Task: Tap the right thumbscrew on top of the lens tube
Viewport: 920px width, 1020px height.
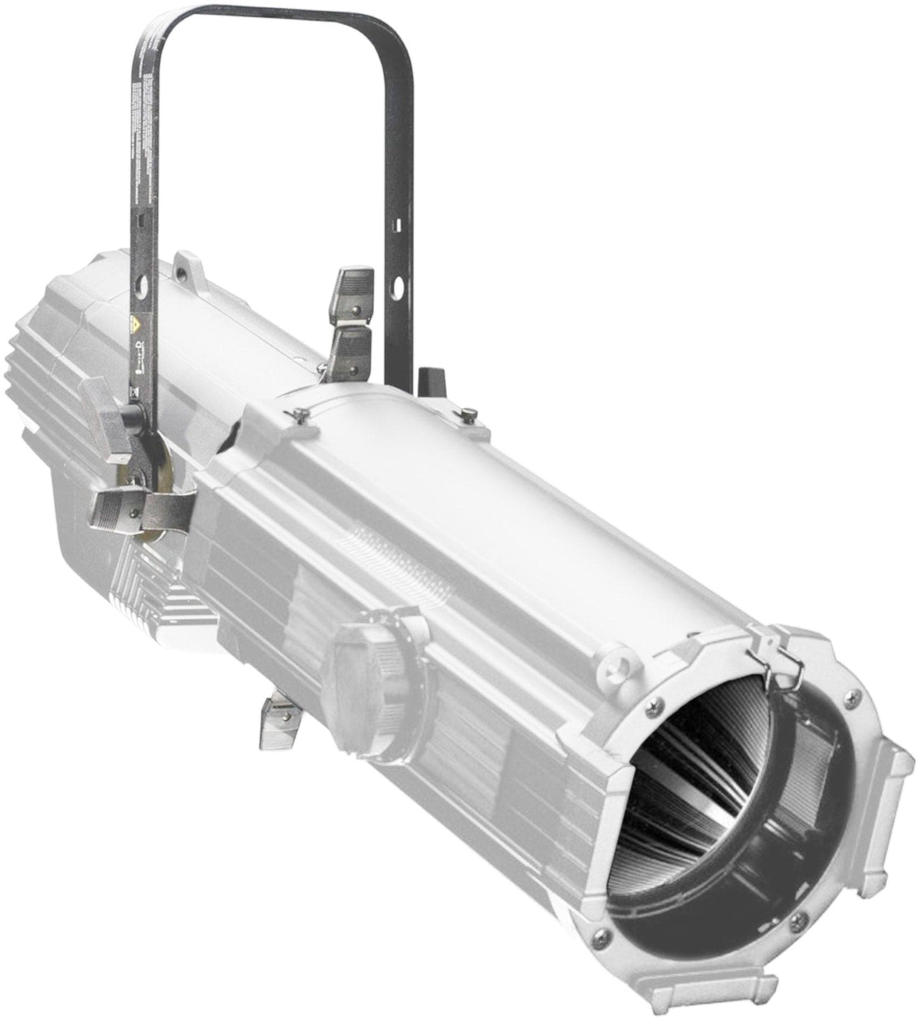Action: click(470, 415)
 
